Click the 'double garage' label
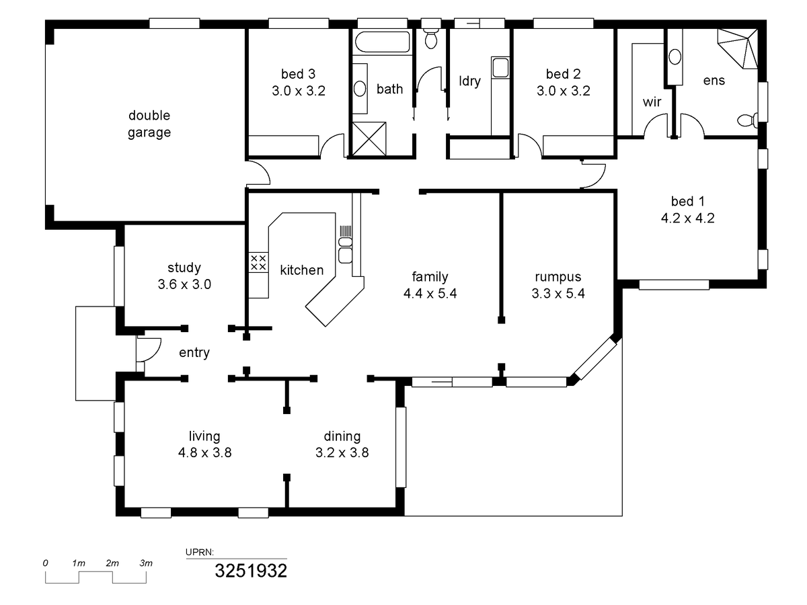149,124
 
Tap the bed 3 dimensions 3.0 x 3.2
299,91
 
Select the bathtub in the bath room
383,42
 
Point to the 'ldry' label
470,81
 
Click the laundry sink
500,68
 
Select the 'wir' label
652,102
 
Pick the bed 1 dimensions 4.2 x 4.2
687,218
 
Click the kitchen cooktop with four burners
258,262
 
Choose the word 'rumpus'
558,277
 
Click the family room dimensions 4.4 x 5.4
430,294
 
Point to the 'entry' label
194,353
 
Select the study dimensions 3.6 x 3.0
184,284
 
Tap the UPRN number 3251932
251,571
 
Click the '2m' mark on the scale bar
112,563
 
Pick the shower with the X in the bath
369,139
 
